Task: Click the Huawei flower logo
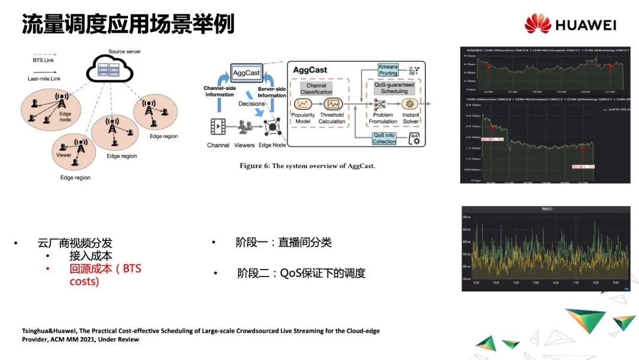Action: click(x=537, y=24)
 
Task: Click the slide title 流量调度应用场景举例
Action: click(x=128, y=24)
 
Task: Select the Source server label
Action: click(x=124, y=52)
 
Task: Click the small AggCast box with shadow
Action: click(x=246, y=73)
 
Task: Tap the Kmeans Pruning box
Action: click(x=388, y=70)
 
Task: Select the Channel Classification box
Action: click(x=317, y=89)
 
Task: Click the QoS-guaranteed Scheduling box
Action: click(x=395, y=88)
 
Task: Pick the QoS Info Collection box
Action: click(x=384, y=138)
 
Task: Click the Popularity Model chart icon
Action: click(x=304, y=104)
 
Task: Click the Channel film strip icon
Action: click(x=218, y=126)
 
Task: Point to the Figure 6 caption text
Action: click(x=307, y=166)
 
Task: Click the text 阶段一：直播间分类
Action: click(x=283, y=242)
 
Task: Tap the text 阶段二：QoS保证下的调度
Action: click(x=301, y=273)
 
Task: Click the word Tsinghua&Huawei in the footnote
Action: click(x=43, y=331)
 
